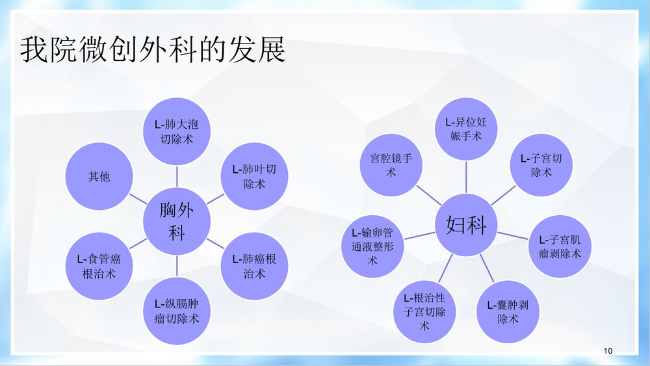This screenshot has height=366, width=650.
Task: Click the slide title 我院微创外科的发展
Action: coord(153,51)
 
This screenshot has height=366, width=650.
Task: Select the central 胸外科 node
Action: coord(177,221)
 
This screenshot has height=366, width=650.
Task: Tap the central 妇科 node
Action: coord(466,225)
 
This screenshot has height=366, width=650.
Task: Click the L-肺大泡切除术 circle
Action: coord(177,131)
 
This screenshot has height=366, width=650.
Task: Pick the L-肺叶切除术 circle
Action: coord(254,176)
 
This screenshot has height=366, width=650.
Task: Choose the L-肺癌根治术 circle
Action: coord(254,266)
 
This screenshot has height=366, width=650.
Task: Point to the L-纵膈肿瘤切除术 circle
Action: coord(177,311)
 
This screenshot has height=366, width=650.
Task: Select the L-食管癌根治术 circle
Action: coord(99,266)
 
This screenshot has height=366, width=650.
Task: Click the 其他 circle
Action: coord(99,176)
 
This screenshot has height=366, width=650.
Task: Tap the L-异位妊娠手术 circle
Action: coord(466,129)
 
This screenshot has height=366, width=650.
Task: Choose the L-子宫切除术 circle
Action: coord(541,165)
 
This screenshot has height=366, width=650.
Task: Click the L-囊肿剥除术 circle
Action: coord(508,311)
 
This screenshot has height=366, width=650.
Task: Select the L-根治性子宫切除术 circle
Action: coord(424,311)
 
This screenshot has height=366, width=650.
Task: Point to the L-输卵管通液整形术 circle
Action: coord(372,246)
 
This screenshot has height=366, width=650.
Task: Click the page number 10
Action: coord(608,351)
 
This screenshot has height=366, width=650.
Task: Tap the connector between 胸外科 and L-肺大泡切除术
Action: coord(177,176)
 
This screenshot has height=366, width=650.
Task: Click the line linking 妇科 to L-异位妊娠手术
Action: coord(466,177)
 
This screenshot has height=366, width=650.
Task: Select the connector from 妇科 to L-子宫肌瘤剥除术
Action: coord(513,235)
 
